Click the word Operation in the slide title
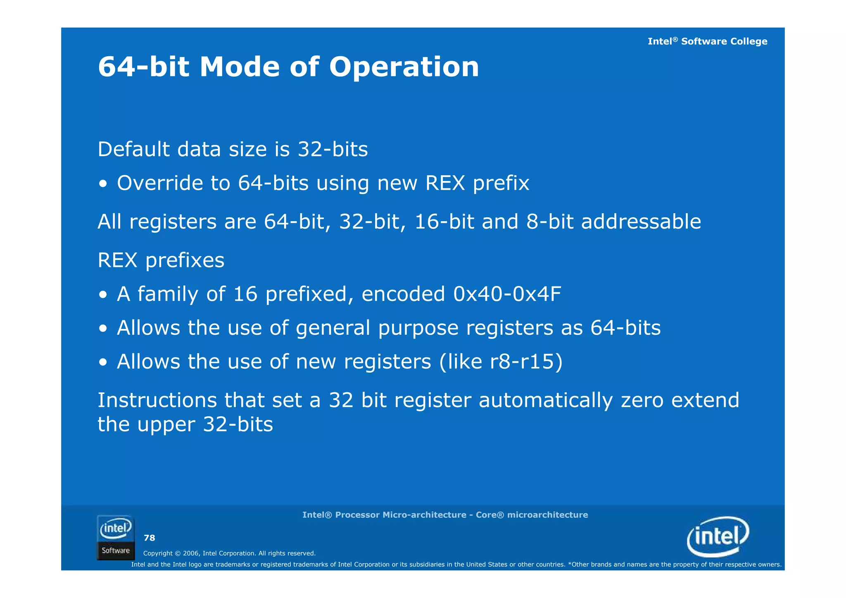(404, 67)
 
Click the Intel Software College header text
(707, 41)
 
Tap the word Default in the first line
(133, 149)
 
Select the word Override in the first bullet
(160, 183)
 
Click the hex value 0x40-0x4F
(507, 294)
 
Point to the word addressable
(641, 222)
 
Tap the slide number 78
(149, 538)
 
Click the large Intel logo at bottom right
(718, 536)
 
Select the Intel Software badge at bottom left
(116, 537)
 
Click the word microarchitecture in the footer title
(547, 515)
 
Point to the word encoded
(403, 294)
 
